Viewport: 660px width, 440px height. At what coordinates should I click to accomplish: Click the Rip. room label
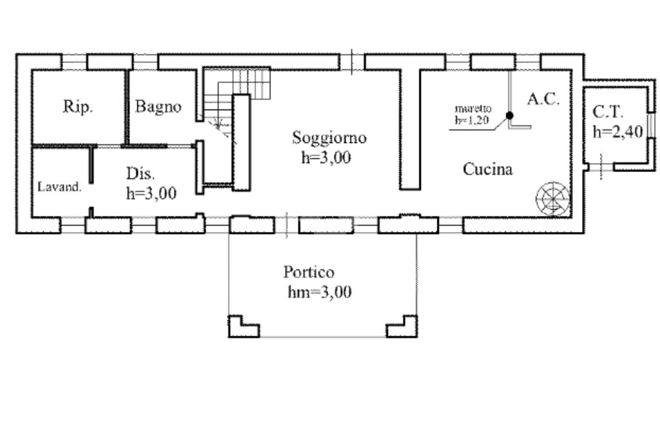78,107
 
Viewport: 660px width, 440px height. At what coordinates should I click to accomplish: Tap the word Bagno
158,107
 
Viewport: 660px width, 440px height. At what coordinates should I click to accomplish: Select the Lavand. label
59,187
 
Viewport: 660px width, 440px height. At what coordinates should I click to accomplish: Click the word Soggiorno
329,137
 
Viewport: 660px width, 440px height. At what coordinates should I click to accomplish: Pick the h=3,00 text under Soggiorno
325,157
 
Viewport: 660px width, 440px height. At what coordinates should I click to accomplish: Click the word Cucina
488,169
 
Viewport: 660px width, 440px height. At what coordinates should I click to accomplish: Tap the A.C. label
543,99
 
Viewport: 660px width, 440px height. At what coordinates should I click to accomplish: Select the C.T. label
608,112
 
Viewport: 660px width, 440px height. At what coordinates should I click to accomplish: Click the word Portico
309,272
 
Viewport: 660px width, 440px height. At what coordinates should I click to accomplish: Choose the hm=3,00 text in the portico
320,292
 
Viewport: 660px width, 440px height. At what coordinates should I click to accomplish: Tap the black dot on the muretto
509,115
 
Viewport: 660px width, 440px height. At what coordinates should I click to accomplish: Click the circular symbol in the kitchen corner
554,197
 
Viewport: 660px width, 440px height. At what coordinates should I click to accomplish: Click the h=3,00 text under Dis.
151,193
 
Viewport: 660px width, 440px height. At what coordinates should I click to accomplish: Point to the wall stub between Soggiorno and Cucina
410,129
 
